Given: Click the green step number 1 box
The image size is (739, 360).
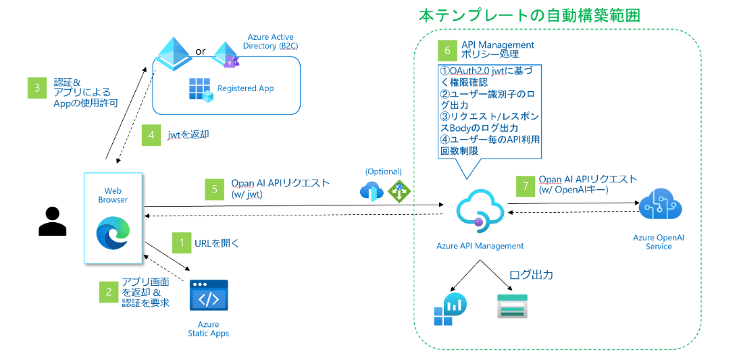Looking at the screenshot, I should [x=180, y=242].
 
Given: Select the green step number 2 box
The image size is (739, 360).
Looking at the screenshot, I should [x=108, y=292].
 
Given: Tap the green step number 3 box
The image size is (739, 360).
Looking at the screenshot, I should [x=36, y=88].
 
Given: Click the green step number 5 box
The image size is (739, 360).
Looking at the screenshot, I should [x=214, y=188].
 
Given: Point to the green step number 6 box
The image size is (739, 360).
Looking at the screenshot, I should [x=447, y=49].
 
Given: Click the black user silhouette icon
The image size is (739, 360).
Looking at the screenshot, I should [x=52, y=222].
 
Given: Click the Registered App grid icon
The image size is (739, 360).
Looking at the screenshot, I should [x=201, y=89].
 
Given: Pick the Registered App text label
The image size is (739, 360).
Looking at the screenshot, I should [x=245, y=88].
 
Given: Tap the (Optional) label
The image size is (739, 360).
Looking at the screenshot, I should [x=383, y=172].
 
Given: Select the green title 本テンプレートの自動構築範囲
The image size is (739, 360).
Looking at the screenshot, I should [x=529, y=15].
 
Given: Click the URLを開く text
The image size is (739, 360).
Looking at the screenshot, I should [x=217, y=242].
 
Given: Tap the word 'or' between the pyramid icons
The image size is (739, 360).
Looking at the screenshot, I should [x=200, y=52].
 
